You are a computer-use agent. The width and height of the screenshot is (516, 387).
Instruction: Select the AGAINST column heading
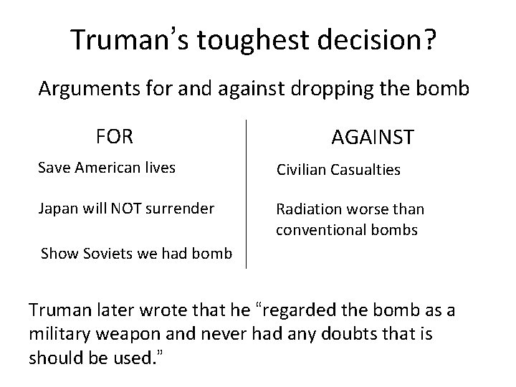click(x=372, y=137)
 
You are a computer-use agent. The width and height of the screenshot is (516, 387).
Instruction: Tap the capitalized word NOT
click(x=125, y=208)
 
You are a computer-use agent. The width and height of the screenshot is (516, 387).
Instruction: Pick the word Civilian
click(x=302, y=171)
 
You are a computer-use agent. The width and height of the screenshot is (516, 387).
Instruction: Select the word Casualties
click(x=366, y=171)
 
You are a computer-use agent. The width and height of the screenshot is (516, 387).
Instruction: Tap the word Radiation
click(x=308, y=210)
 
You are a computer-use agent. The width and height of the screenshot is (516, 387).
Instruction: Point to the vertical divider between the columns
click(x=246, y=193)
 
